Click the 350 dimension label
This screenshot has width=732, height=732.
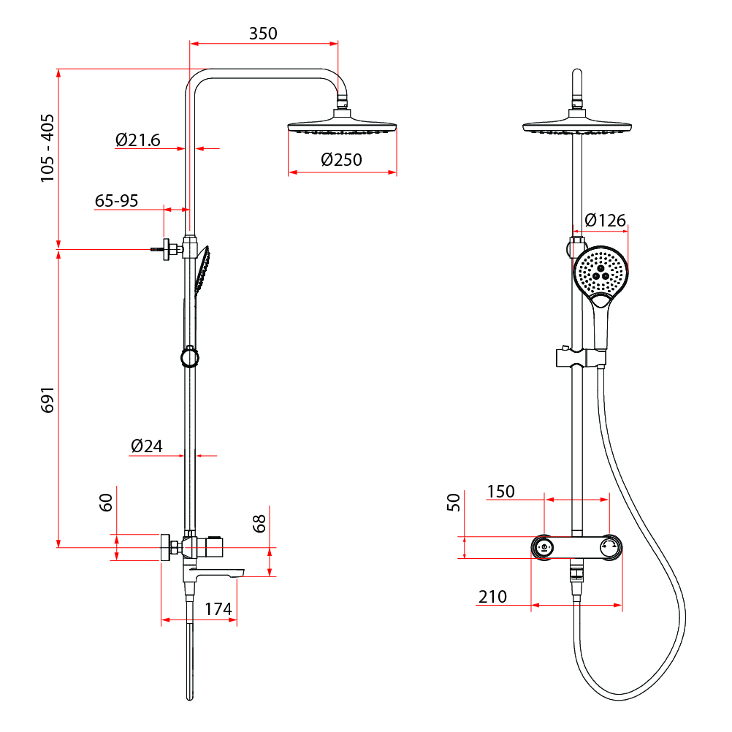(x=263, y=34)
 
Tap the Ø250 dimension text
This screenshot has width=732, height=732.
(x=341, y=160)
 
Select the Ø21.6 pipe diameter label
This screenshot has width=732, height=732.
(x=138, y=140)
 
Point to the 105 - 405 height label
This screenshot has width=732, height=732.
(x=47, y=148)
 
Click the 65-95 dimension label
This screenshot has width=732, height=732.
(x=116, y=201)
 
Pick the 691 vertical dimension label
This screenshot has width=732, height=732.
(x=47, y=400)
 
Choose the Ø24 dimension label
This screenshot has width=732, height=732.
(x=147, y=446)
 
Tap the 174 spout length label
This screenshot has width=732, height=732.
(x=218, y=609)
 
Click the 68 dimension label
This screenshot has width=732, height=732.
(x=259, y=523)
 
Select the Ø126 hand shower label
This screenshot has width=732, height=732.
(x=605, y=220)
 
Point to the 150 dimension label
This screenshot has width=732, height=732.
(x=501, y=491)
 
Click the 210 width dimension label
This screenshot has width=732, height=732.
(x=492, y=597)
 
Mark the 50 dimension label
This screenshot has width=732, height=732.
(x=453, y=502)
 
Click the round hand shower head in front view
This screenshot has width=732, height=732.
(x=601, y=273)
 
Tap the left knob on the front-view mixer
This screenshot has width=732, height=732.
(x=544, y=547)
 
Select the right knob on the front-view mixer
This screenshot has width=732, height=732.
(x=610, y=547)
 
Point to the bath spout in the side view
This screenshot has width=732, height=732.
(x=214, y=573)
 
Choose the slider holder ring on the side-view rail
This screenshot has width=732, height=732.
(x=189, y=357)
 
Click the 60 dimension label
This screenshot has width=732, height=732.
(x=106, y=503)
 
